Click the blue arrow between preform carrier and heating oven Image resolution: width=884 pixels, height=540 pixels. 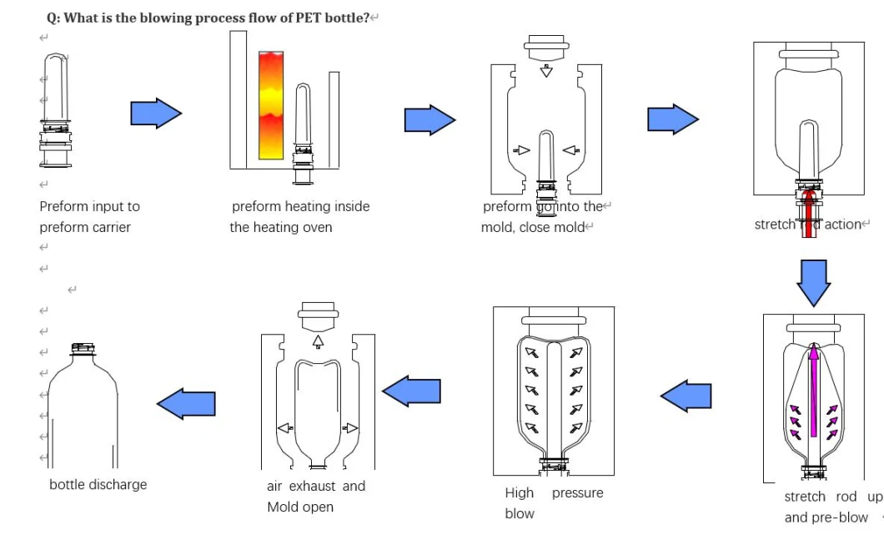tap(156, 113)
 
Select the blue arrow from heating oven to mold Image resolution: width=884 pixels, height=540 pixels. tap(429, 120)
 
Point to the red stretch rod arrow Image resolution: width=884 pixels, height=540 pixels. tap(808, 213)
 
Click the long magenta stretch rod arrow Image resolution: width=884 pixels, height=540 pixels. tap(813, 389)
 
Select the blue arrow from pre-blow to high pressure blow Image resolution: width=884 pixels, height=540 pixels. tap(686, 396)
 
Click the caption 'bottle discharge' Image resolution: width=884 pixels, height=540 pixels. tap(98, 484)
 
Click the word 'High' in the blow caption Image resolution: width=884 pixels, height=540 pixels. tap(519, 492)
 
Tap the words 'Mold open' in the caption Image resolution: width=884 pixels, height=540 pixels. tap(300, 507)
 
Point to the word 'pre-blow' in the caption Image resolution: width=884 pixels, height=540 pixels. tap(841, 517)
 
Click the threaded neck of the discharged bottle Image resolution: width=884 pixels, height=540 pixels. tap(81, 349)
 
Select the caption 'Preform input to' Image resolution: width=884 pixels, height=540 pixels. tap(89, 206)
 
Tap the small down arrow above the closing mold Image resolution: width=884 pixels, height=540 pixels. tap(546, 71)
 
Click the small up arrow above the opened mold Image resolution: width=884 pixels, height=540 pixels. tap(317, 341)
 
